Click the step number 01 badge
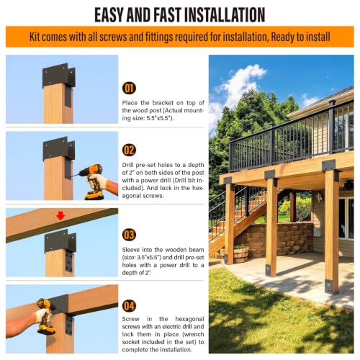click(129, 88)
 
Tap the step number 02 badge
click(129, 150)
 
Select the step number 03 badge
click(129, 235)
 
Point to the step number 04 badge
click(129, 306)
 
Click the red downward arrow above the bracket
click(60, 216)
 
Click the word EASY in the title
click(109, 15)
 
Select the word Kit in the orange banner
click(35, 37)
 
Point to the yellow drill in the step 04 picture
click(45, 315)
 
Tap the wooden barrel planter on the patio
click(240, 255)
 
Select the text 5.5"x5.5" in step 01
click(159, 118)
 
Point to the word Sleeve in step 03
click(131, 250)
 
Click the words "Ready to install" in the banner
click(300, 37)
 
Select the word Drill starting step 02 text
click(128, 165)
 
